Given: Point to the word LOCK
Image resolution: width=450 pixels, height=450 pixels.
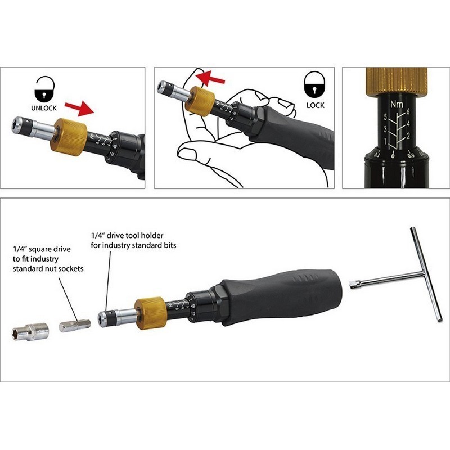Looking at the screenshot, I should [x=315, y=105].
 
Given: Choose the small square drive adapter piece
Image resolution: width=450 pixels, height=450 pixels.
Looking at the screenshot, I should [x=75, y=326].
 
